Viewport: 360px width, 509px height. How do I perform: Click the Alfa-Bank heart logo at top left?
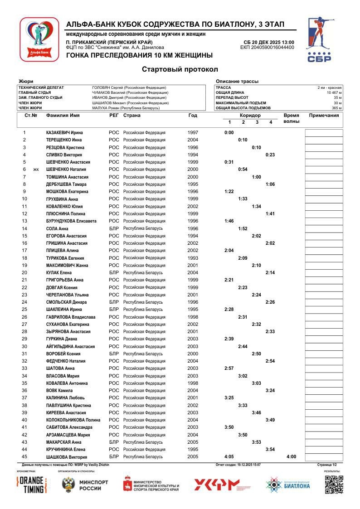point(39,39)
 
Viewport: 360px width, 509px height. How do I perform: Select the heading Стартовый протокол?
point(180,69)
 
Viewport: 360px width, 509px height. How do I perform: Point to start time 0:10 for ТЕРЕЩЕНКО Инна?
point(243,140)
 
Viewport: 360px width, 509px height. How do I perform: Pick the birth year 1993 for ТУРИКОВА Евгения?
point(193,258)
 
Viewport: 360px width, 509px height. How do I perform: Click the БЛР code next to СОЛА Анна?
point(114,228)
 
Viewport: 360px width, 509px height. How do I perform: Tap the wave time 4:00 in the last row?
point(291,457)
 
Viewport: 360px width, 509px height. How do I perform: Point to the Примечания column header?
point(324,115)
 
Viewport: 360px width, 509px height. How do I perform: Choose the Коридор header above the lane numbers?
point(250,116)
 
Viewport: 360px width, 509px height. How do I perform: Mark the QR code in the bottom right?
point(334,485)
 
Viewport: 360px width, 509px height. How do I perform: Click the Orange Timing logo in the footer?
point(32,485)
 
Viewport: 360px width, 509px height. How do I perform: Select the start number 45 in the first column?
point(24,457)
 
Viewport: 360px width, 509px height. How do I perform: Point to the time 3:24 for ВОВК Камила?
point(270,391)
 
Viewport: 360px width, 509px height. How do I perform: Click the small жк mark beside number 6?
point(36,170)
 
